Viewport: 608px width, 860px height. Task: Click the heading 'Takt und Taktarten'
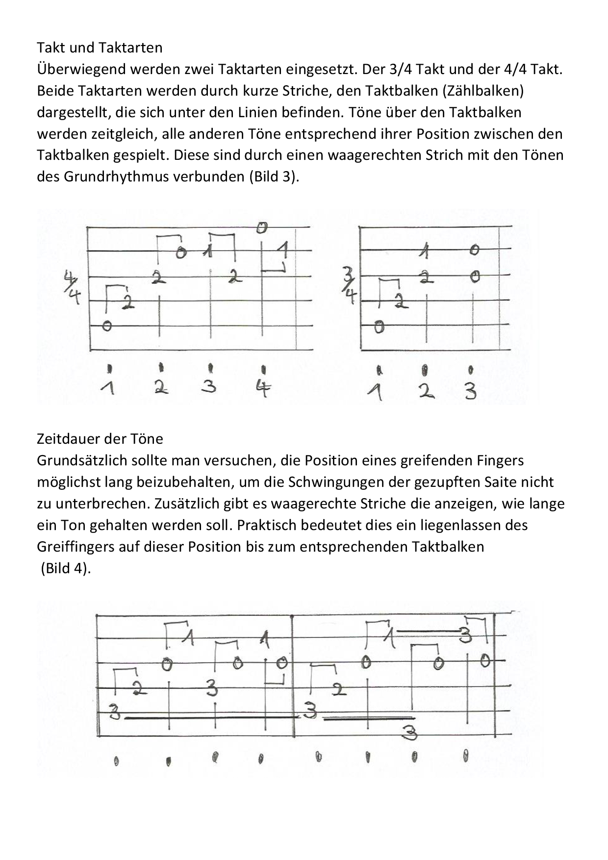point(100,48)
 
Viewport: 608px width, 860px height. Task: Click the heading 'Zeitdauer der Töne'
point(100,438)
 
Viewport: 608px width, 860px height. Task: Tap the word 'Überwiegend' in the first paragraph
point(81,69)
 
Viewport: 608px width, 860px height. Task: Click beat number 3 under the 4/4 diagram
point(209,387)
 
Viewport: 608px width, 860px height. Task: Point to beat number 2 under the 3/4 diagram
point(426,390)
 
